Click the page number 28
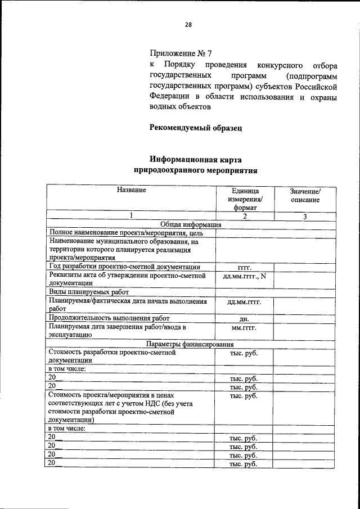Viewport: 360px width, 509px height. (188, 24)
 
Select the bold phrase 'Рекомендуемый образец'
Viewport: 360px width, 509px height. (195, 128)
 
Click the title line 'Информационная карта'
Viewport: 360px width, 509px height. (195, 159)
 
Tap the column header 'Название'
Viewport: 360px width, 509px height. (132, 190)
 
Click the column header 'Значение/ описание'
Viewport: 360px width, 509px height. (305, 195)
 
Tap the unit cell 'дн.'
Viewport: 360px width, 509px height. (244, 318)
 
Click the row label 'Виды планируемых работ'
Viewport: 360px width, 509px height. (89, 292)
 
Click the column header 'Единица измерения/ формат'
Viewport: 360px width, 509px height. (245, 200)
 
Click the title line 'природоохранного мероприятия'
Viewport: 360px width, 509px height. (195, 169)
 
